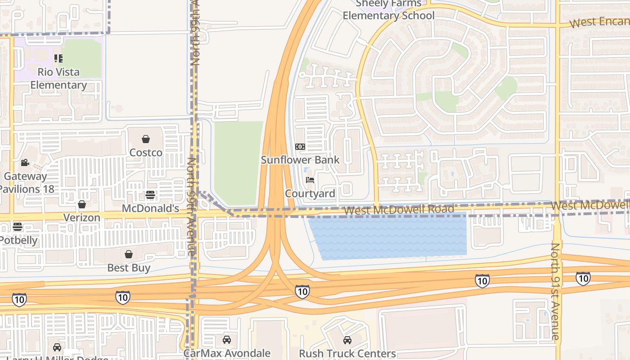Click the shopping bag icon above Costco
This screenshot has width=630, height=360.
[x=145, y=139]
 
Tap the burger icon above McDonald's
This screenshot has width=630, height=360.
[x=150, y=195]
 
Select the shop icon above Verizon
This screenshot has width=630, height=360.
[x=81, y=205]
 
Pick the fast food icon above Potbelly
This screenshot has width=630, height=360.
[x=18, y=226]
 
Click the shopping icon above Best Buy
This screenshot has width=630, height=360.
[x=129, y=254]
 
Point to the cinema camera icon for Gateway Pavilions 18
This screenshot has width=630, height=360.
[x=25, y=162]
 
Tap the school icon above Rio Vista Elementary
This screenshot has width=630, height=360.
[x=58, y=58]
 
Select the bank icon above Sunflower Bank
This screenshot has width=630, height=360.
[x=300, y=147]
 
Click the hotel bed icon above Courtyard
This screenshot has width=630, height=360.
[x=310, y=180]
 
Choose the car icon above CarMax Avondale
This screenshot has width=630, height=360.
[x=227, y=340]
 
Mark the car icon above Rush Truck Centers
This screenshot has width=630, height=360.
[x=347, y=340]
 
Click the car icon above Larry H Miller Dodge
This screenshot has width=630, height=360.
[x=57, y=347]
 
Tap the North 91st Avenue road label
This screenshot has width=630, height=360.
[x=556, y=291]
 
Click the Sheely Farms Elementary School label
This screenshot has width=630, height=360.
[x=388, y=10]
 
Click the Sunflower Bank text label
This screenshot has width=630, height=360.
[x=300, y=160]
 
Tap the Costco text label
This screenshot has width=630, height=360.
[x=146, y=153]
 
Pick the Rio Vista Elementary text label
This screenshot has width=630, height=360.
[x=58, y=78]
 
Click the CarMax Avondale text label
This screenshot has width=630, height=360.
[x=227, y=353]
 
